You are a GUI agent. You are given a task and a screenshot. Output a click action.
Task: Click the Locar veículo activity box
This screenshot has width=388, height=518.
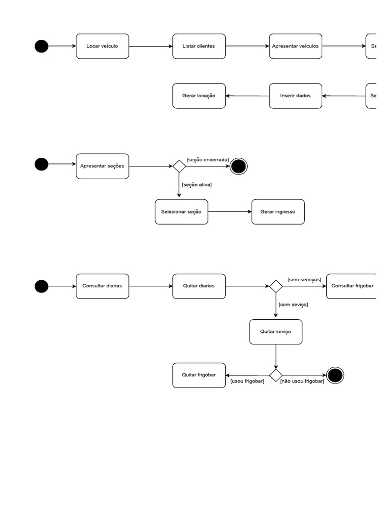[103, 46]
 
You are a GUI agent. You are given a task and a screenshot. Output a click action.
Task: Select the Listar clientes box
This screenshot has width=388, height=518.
[199, 46]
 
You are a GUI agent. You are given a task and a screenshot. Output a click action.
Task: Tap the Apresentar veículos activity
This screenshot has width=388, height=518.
[296, 46]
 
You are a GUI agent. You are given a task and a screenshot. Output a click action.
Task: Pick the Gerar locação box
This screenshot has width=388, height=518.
[199, 96]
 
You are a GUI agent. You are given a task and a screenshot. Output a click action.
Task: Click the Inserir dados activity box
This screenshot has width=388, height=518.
[296, 96]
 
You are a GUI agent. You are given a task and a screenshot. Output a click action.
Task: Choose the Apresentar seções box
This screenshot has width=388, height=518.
[103, 166]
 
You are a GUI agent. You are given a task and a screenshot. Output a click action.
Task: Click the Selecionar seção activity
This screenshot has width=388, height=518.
[181, 212]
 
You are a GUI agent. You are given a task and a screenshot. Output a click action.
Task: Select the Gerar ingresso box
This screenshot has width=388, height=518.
[278, 212]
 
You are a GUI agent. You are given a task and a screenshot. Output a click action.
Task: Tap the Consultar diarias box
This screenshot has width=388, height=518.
[103, 286]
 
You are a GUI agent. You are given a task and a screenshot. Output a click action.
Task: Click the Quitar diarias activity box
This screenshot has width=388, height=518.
[199, 286]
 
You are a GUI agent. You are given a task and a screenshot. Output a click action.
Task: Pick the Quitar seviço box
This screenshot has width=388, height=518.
[276, 332]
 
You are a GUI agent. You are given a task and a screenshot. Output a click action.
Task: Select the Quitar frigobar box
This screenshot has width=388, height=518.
[199, 375]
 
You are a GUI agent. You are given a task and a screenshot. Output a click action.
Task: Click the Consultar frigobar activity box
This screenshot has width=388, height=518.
[352, 286]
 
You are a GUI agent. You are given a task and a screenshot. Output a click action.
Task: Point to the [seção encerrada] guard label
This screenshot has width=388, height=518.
[208, 159]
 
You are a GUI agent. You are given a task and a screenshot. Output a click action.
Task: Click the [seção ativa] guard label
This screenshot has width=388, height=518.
[197, 185]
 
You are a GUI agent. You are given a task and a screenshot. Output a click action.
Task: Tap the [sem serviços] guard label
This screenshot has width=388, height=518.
[304, 279]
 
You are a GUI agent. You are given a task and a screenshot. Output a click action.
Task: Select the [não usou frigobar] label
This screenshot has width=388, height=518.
[302, 381]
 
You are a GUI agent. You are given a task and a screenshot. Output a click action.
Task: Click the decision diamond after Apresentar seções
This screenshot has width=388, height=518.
[179, 166]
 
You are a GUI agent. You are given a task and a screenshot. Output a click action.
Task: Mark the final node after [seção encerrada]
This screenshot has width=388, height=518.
[238, 166]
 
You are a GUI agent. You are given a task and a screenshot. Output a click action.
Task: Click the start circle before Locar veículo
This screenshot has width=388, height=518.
[41, 46]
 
